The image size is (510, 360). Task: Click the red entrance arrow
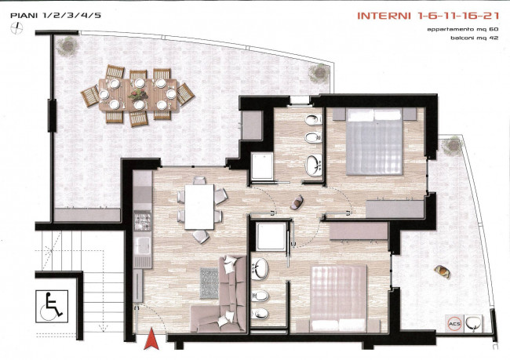tap(151, 340)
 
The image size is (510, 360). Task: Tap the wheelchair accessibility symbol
tap(52, 307)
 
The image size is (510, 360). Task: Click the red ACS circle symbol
tap(454, 324)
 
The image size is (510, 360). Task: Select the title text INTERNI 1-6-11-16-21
tap(428, 16)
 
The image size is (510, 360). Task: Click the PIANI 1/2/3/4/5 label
tap(56, 15)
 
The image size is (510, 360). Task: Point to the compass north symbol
tap(16, 28)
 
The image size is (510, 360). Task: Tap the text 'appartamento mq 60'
tap(462, 29)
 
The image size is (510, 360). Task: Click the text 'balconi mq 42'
tap(474, 38)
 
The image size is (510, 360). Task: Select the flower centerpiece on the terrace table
tap(139, 94)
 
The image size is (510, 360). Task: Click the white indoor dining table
tap(199, 207)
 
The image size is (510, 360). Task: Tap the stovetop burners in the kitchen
tap(143, 220)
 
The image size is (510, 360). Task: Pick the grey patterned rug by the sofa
tap(209, 283)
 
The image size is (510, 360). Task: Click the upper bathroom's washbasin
tap(314, 165)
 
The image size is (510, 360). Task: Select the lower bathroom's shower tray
tap(271, 236)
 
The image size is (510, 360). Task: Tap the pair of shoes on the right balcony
tap(443, 271)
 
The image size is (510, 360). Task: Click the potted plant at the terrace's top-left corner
tap(67, 46)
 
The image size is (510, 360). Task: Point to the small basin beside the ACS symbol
tap(474, 323)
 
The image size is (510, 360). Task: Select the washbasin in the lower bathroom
tap(260, 269)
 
